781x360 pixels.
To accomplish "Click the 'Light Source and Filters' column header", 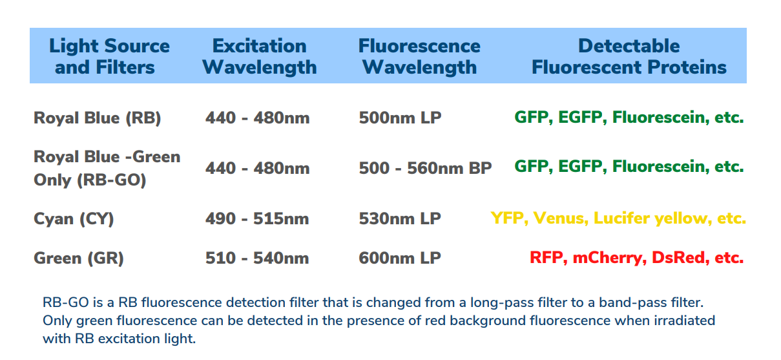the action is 109,56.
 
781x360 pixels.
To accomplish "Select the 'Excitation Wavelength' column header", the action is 260,56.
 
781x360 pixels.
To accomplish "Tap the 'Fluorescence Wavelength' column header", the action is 419,56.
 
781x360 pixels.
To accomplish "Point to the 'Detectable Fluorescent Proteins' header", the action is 629,56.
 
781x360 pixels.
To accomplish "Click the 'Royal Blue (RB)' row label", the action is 98,118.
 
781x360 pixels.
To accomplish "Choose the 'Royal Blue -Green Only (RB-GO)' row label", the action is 107,169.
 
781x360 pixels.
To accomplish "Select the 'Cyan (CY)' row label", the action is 74,219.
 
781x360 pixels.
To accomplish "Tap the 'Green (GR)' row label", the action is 78,259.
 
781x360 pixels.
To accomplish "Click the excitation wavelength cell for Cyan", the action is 257,218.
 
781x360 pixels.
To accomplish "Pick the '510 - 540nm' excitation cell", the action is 257,258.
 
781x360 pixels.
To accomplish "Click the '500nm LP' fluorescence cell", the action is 400,118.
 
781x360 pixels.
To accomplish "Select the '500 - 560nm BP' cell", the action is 425,168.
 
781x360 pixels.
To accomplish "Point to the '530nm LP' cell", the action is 400,218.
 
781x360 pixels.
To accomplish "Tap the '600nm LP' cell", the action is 400,258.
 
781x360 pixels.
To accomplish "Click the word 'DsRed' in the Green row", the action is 680,258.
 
